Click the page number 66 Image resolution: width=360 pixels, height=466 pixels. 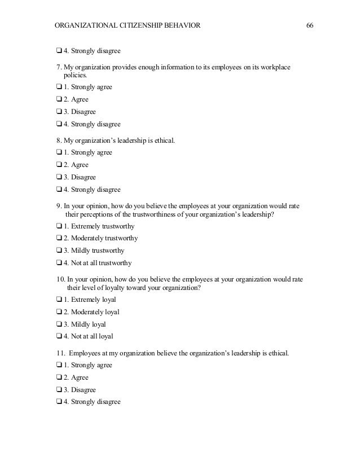309,25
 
